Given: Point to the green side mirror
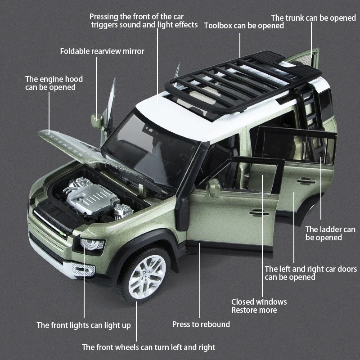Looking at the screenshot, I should (x=97, y=121).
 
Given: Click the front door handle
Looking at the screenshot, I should (x=259, y=211).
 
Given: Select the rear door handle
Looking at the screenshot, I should (x=306, y=180).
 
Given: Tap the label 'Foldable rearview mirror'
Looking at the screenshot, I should (x=102, y=51).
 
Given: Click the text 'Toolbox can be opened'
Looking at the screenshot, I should (x=244, y=26).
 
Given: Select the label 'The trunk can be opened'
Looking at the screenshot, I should (x=313, y=18).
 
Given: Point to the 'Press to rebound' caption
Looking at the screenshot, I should (x=201, y=324).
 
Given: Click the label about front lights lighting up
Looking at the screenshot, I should (x=84, y=325).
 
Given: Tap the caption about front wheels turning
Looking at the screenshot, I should (x=148, y=347).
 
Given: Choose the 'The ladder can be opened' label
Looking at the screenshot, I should (x=330, y=234).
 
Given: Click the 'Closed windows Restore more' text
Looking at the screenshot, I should (x=259, y=306).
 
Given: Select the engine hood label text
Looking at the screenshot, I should (x=54, y=83).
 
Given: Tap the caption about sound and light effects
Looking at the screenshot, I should (x=144, y=21).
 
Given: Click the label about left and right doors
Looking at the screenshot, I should (x=310, y=273).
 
